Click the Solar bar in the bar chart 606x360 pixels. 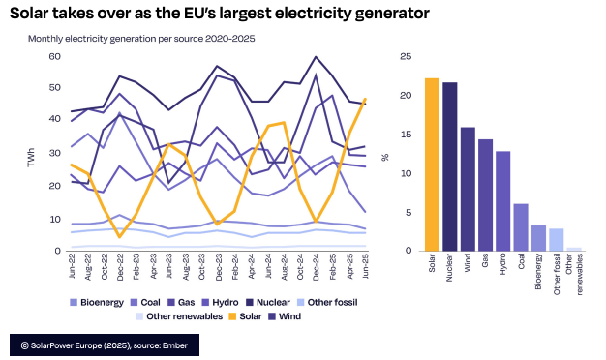(x=432, y=164)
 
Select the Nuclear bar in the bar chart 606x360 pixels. (x=450, y=165)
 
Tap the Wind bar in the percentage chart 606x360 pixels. (x=468, y=188)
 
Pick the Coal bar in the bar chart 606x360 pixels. (x=521, y=226)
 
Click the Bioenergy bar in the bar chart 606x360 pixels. (x=538, y=237)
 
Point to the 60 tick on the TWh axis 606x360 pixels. (x=54, y=57)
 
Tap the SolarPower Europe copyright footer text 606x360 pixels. (x=112, y=344)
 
